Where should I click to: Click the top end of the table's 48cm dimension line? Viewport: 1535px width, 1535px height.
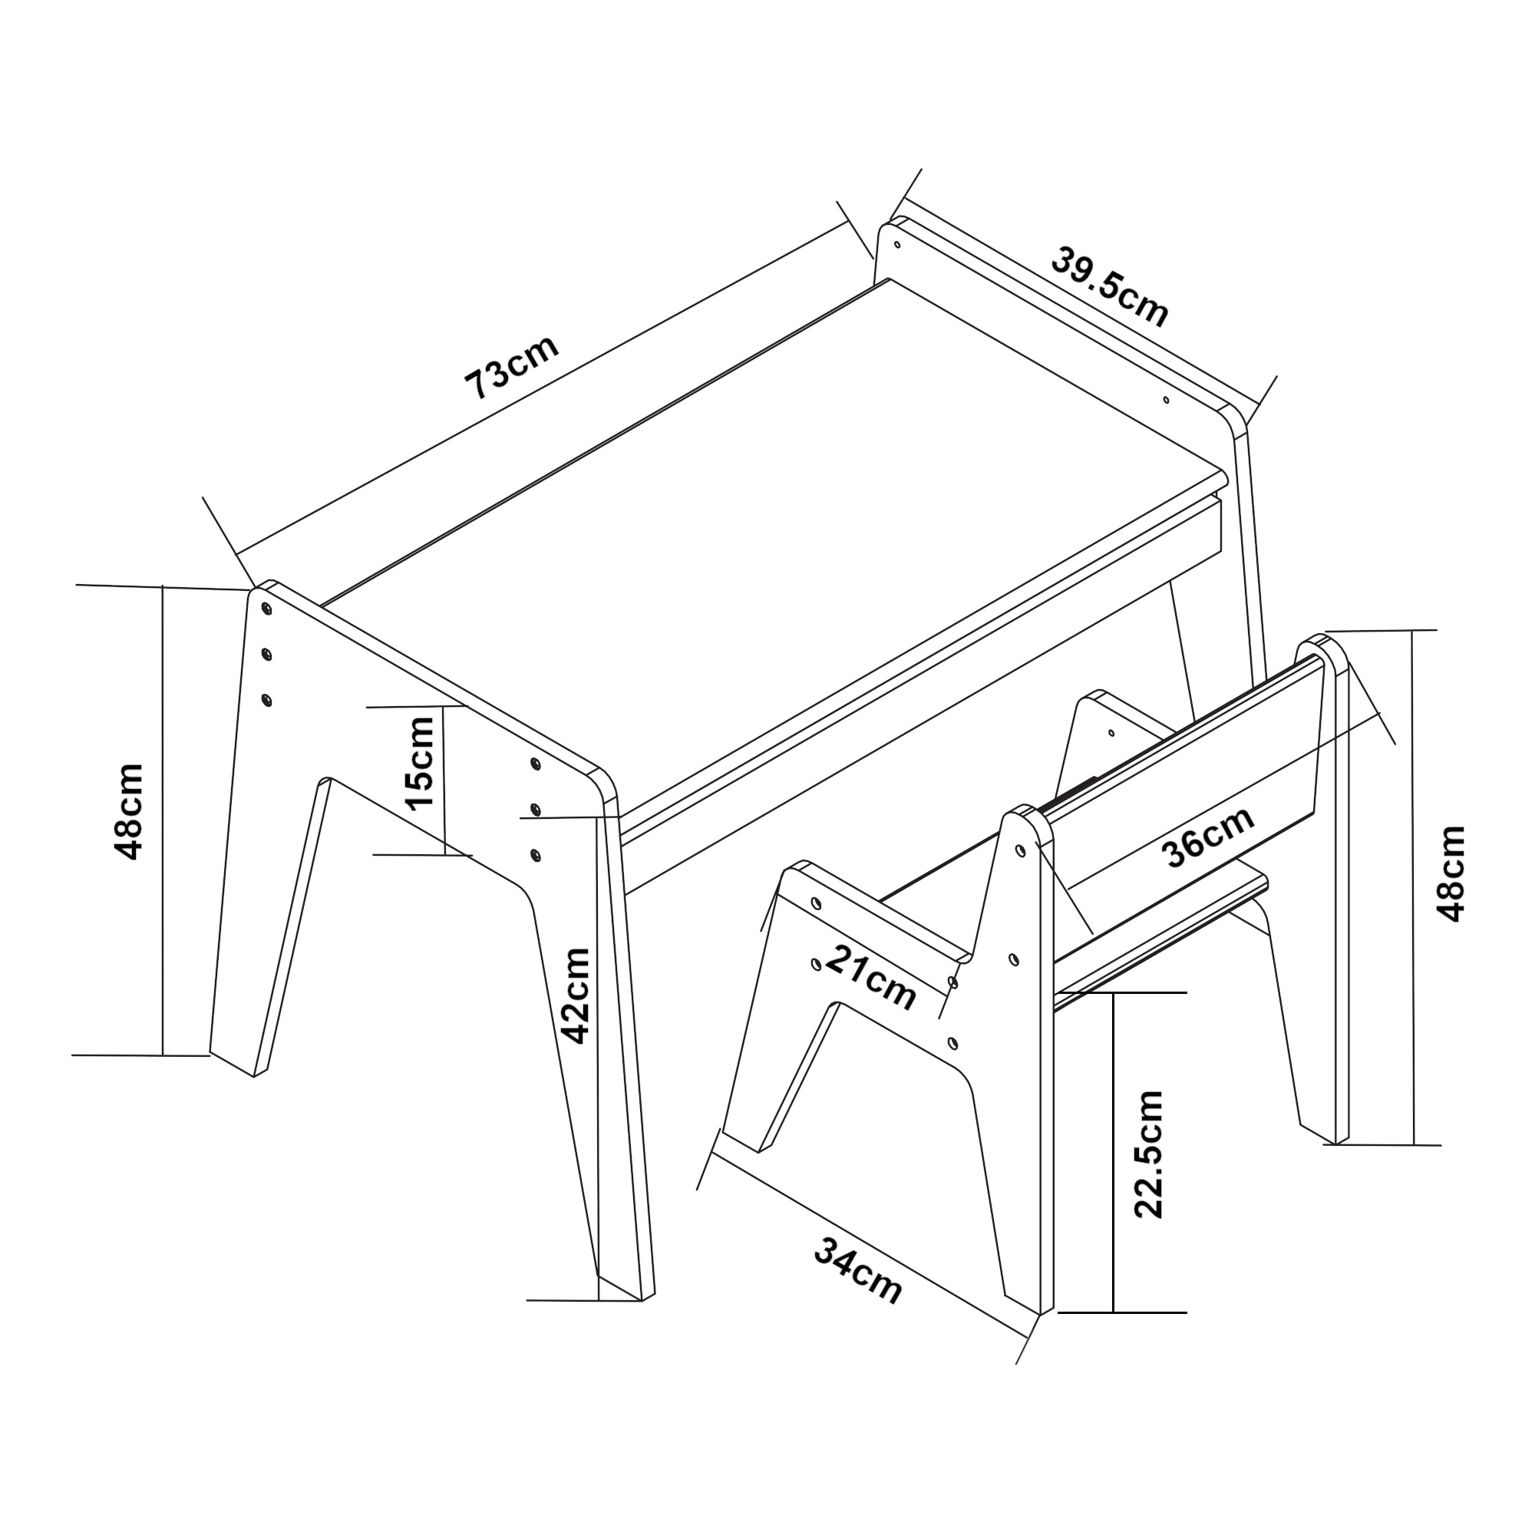click(x=163, y=586)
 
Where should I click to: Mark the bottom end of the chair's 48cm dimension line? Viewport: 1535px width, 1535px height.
click(x=1415, y=1145)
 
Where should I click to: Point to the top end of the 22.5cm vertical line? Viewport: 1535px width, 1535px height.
click(x=1114, y=993)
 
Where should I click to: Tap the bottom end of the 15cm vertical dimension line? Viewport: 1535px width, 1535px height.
click(x=446, y=855)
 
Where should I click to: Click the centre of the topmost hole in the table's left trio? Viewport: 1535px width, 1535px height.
click(x=266, y=608)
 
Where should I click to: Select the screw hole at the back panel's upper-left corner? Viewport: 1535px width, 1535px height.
click(x=897, y=244)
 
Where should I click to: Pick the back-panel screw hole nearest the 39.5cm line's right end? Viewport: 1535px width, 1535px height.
click(x=1167, y=401)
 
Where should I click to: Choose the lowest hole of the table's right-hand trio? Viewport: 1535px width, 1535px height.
click(x=536, y=855)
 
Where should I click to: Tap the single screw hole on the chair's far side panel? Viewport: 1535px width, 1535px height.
click(x=1111, y=732)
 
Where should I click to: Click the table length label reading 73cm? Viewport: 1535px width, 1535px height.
click(x=513, y=366)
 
